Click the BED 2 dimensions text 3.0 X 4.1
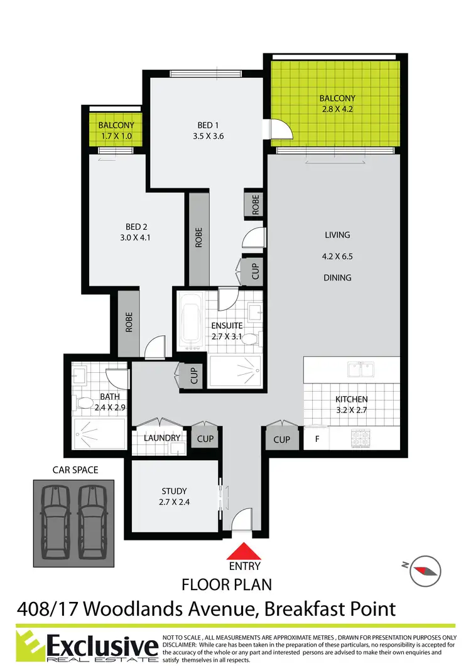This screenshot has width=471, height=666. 136,238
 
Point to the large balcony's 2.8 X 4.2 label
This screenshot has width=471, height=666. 337,109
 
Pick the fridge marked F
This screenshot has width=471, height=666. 317,439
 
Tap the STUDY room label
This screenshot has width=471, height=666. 174,491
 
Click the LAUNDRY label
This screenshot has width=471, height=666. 162,438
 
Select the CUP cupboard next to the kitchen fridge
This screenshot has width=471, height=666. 282,439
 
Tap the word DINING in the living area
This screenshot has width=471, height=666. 337,277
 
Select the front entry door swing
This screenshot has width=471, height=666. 242,520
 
